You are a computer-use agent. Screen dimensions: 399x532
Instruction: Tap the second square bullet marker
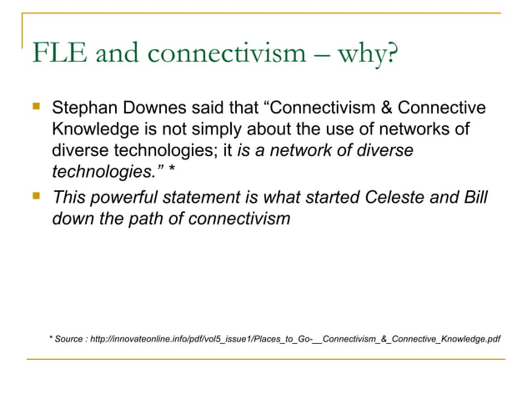35,197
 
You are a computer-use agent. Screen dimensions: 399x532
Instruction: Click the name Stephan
82,109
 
